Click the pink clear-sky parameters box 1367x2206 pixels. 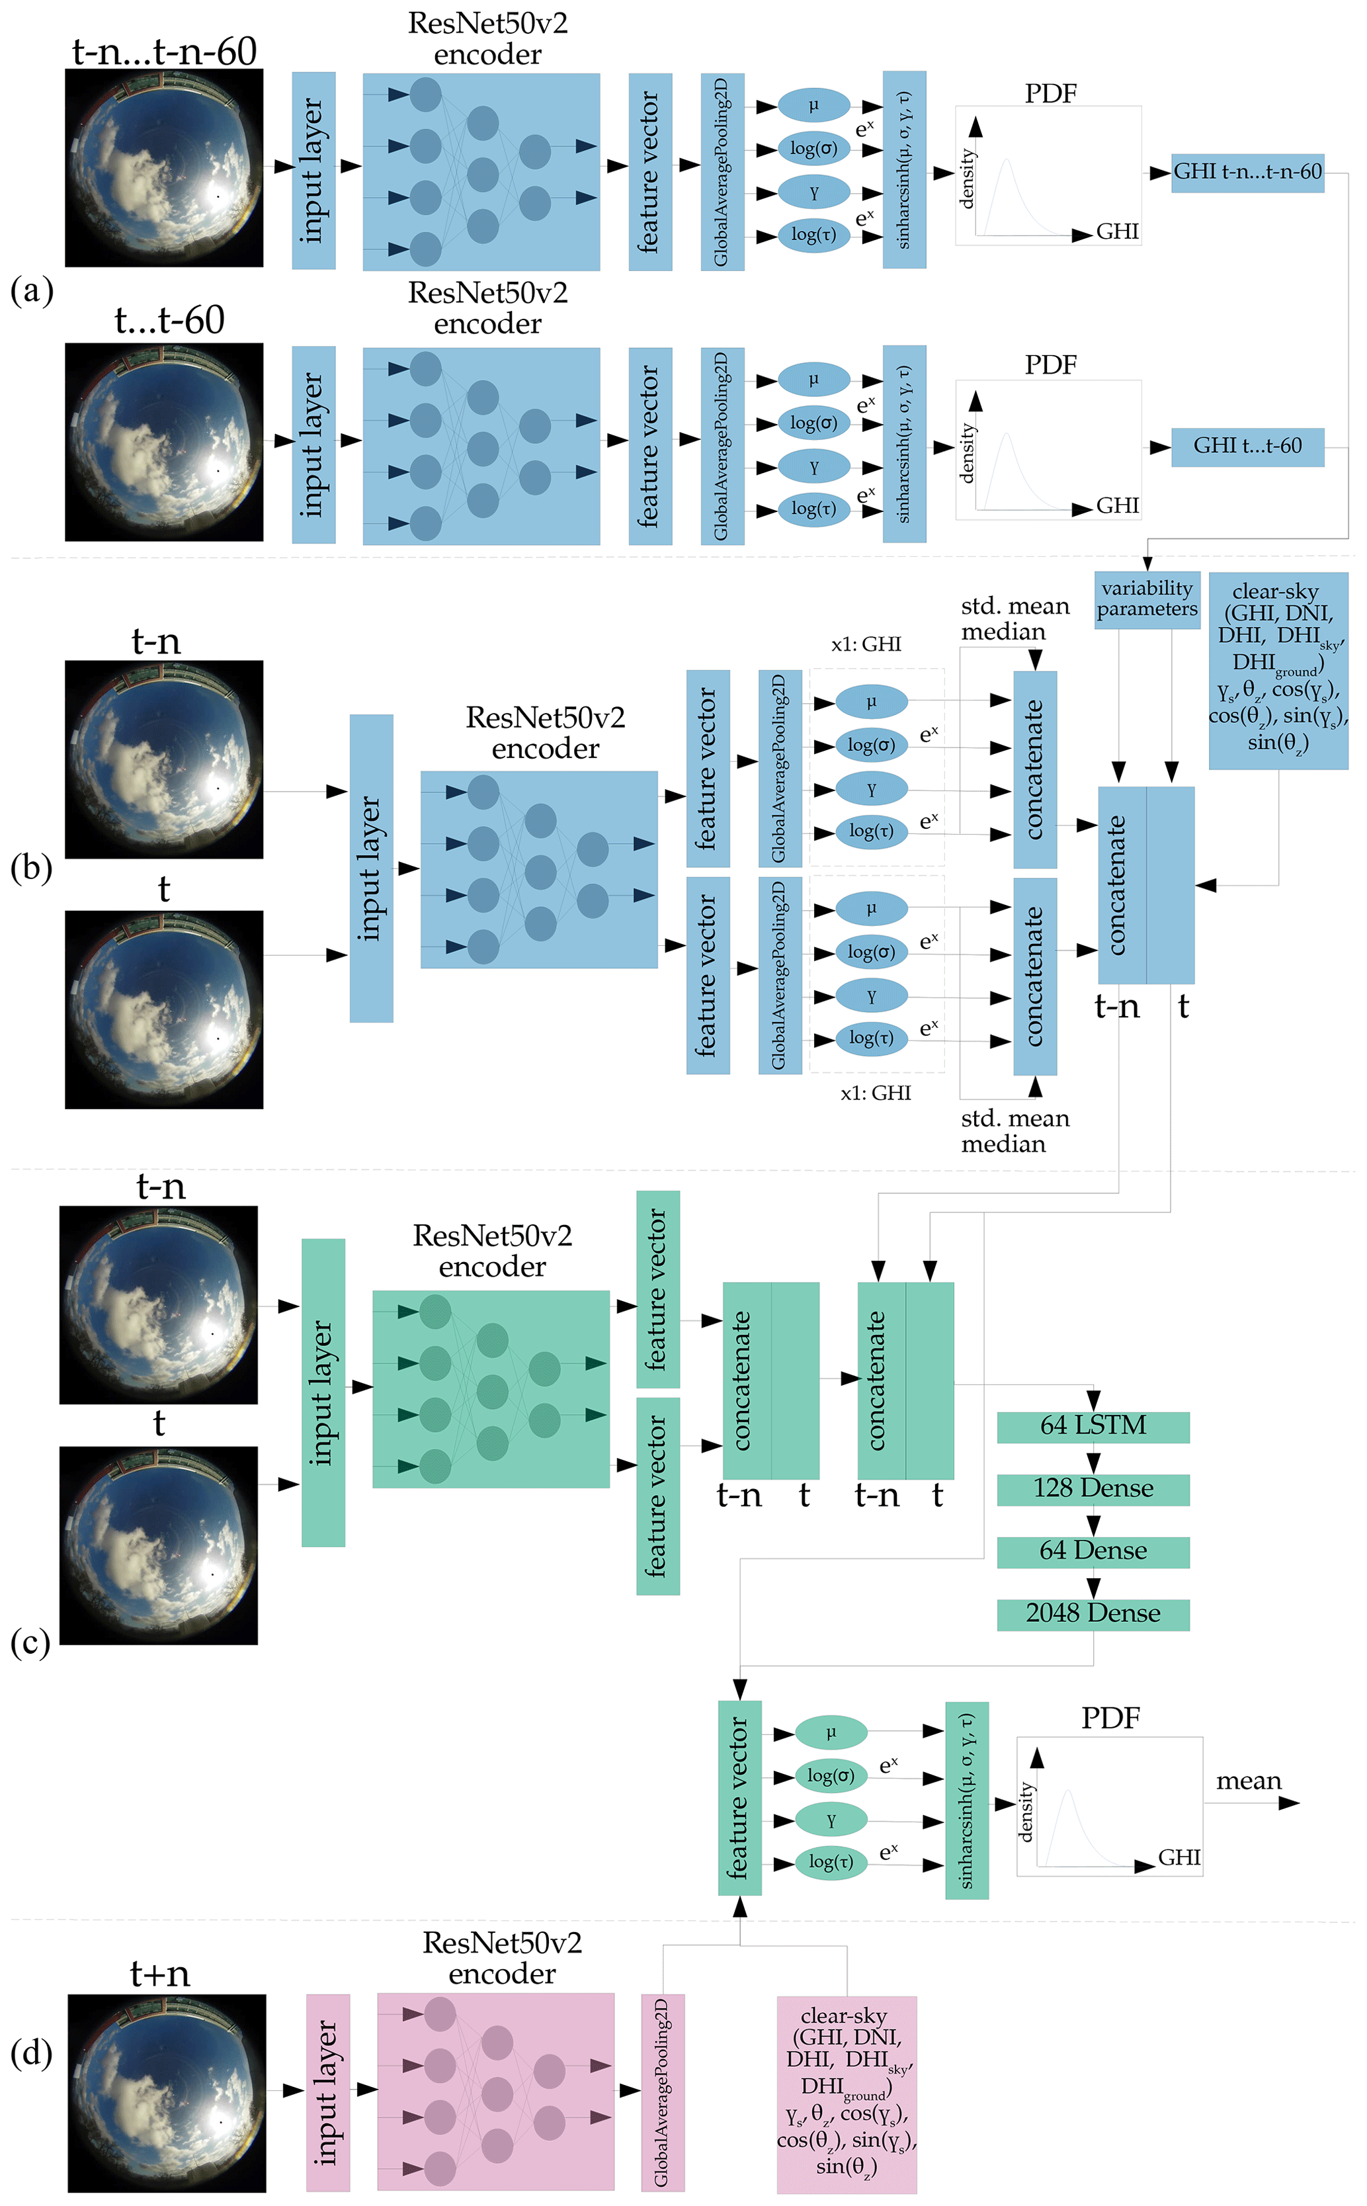847,2094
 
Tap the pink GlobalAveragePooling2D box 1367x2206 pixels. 662,2092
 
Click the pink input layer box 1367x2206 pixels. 327,2092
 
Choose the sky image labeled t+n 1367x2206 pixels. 167,2092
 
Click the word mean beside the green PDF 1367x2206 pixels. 1248,1781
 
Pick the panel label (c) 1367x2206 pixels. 30,1642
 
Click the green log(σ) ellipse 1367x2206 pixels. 830,1775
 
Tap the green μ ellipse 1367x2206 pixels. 830,1732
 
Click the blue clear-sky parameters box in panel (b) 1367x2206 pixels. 1278,670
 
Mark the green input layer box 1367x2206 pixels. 323,1392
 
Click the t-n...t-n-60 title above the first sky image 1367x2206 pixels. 165,52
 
